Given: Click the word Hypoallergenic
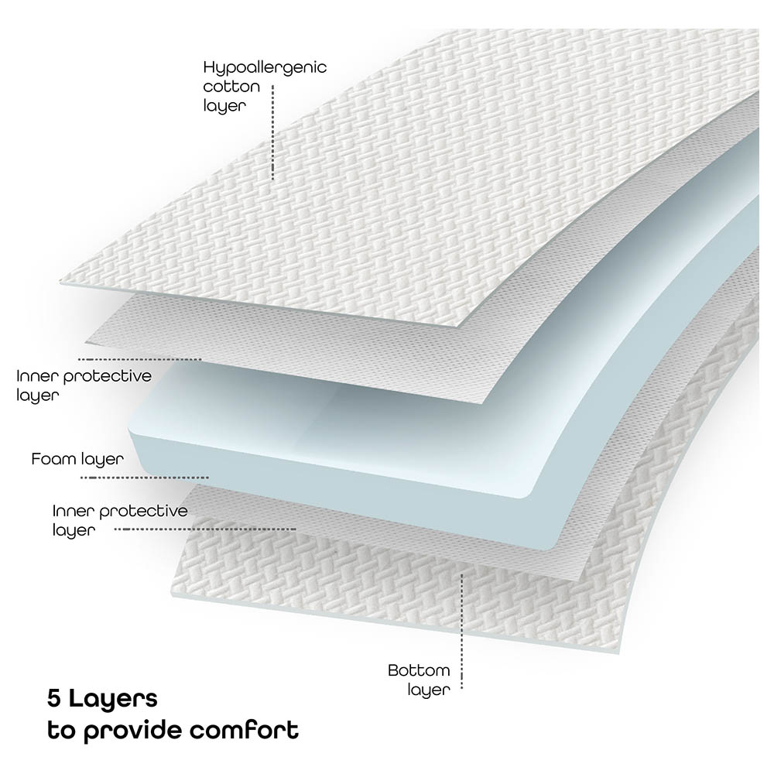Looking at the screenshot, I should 264,67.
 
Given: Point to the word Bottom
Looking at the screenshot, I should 419,670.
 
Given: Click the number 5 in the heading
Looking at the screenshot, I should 53,700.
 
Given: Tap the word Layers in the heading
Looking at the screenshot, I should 113,700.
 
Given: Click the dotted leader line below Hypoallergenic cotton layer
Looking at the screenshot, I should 273,132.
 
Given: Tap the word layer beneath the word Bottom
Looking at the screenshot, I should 428,690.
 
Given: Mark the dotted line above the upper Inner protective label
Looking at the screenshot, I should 139,359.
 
